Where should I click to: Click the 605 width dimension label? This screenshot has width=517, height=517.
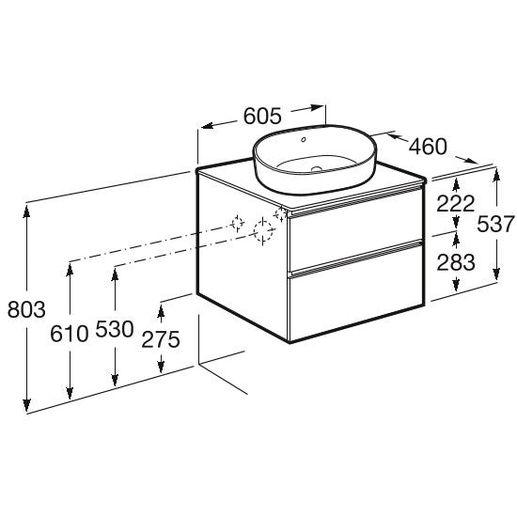(x=262, y=116)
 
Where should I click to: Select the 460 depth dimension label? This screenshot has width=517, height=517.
(x=428, y=147)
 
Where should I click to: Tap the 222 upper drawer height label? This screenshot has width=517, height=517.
(x=455, y=204)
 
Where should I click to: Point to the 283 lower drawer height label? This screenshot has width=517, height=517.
(x=456, y=262)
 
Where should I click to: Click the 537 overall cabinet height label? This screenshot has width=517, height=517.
(x=496, y=224)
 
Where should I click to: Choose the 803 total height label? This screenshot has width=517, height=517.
(x=26, y=310)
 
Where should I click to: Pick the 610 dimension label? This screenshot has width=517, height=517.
(x=70, y=334)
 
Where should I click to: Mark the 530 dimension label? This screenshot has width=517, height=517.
(x=115, y=329)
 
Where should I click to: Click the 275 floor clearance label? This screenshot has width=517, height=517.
(x=161, y=339)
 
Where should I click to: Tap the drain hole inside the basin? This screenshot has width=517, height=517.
(x=317, y=169)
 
